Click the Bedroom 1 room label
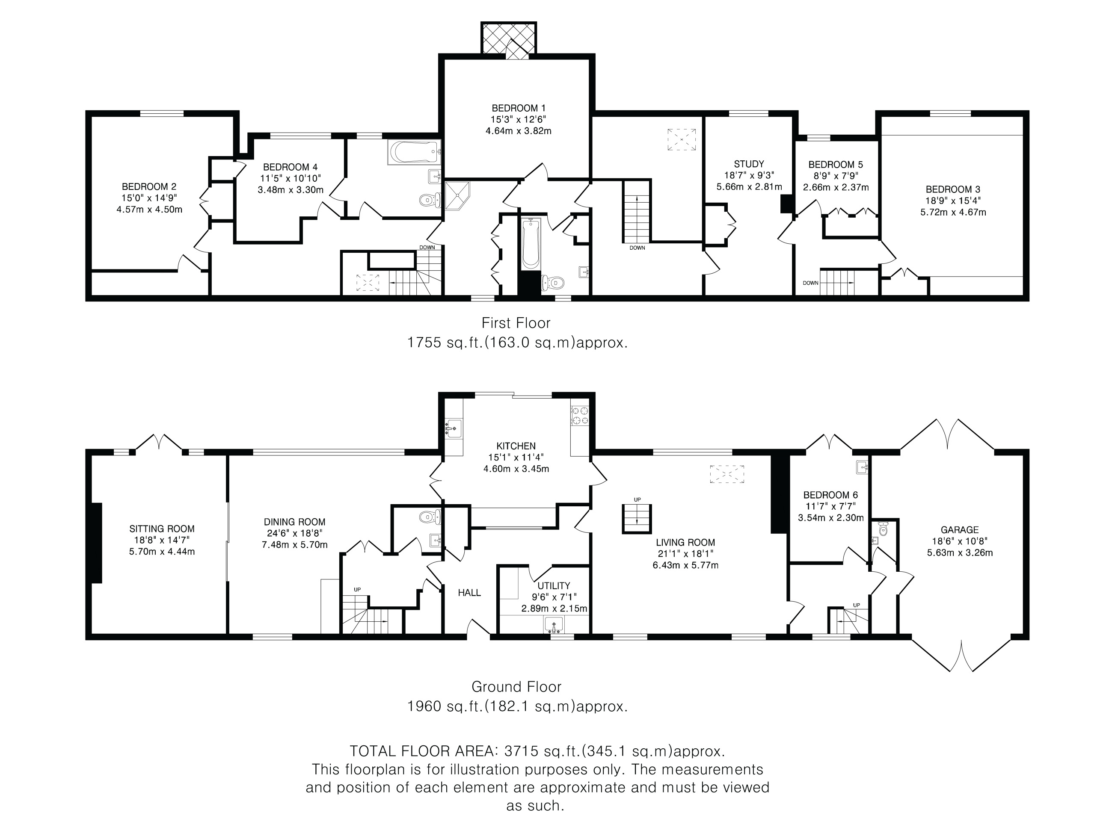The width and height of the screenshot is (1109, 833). [519, 108]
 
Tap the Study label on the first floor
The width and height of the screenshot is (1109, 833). [749, 164]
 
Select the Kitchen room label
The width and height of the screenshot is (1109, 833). [516, 446]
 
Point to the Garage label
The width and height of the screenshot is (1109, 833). [960, 530]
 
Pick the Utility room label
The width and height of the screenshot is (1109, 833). [554, 586]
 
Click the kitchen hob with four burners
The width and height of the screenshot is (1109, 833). [580, 415]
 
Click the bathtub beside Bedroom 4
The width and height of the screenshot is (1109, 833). [414, 152]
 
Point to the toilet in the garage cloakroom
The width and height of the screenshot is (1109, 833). [884, 529]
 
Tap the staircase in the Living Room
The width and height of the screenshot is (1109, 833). [637, 519]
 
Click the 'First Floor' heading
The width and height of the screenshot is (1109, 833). [516, 323]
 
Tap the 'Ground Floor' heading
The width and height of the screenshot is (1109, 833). [516, 687]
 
